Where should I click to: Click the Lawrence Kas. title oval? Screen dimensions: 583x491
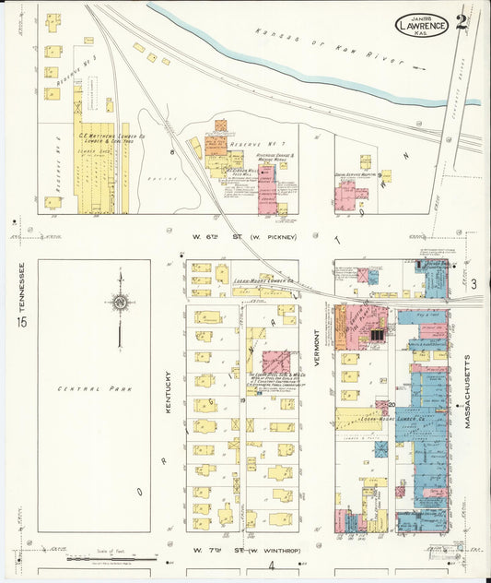[x=422, y=25]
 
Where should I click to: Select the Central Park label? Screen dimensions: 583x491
[x=95, y=389]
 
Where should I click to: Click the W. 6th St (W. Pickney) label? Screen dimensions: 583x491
[x=244, y=237]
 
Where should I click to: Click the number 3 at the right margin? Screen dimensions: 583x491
[x=473, y=285]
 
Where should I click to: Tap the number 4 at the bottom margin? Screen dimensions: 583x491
[x=272, y=565]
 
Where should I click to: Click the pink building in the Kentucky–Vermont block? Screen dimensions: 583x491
[x=275, y=361]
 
